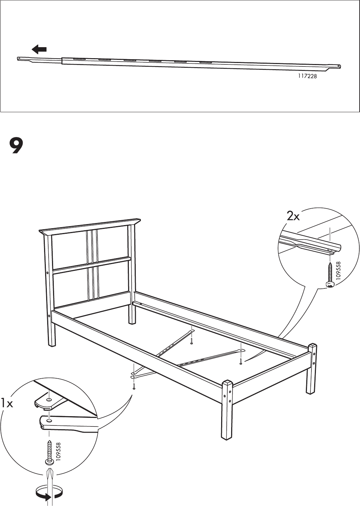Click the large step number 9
tap(16, 146)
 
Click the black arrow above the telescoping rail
tap(39, 50)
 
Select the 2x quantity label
tap(293, 216)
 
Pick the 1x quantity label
tap(7, 403)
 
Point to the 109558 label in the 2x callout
tap(339, 272)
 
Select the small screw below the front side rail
tap(134, 387)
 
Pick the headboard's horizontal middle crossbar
tap(92, 265)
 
